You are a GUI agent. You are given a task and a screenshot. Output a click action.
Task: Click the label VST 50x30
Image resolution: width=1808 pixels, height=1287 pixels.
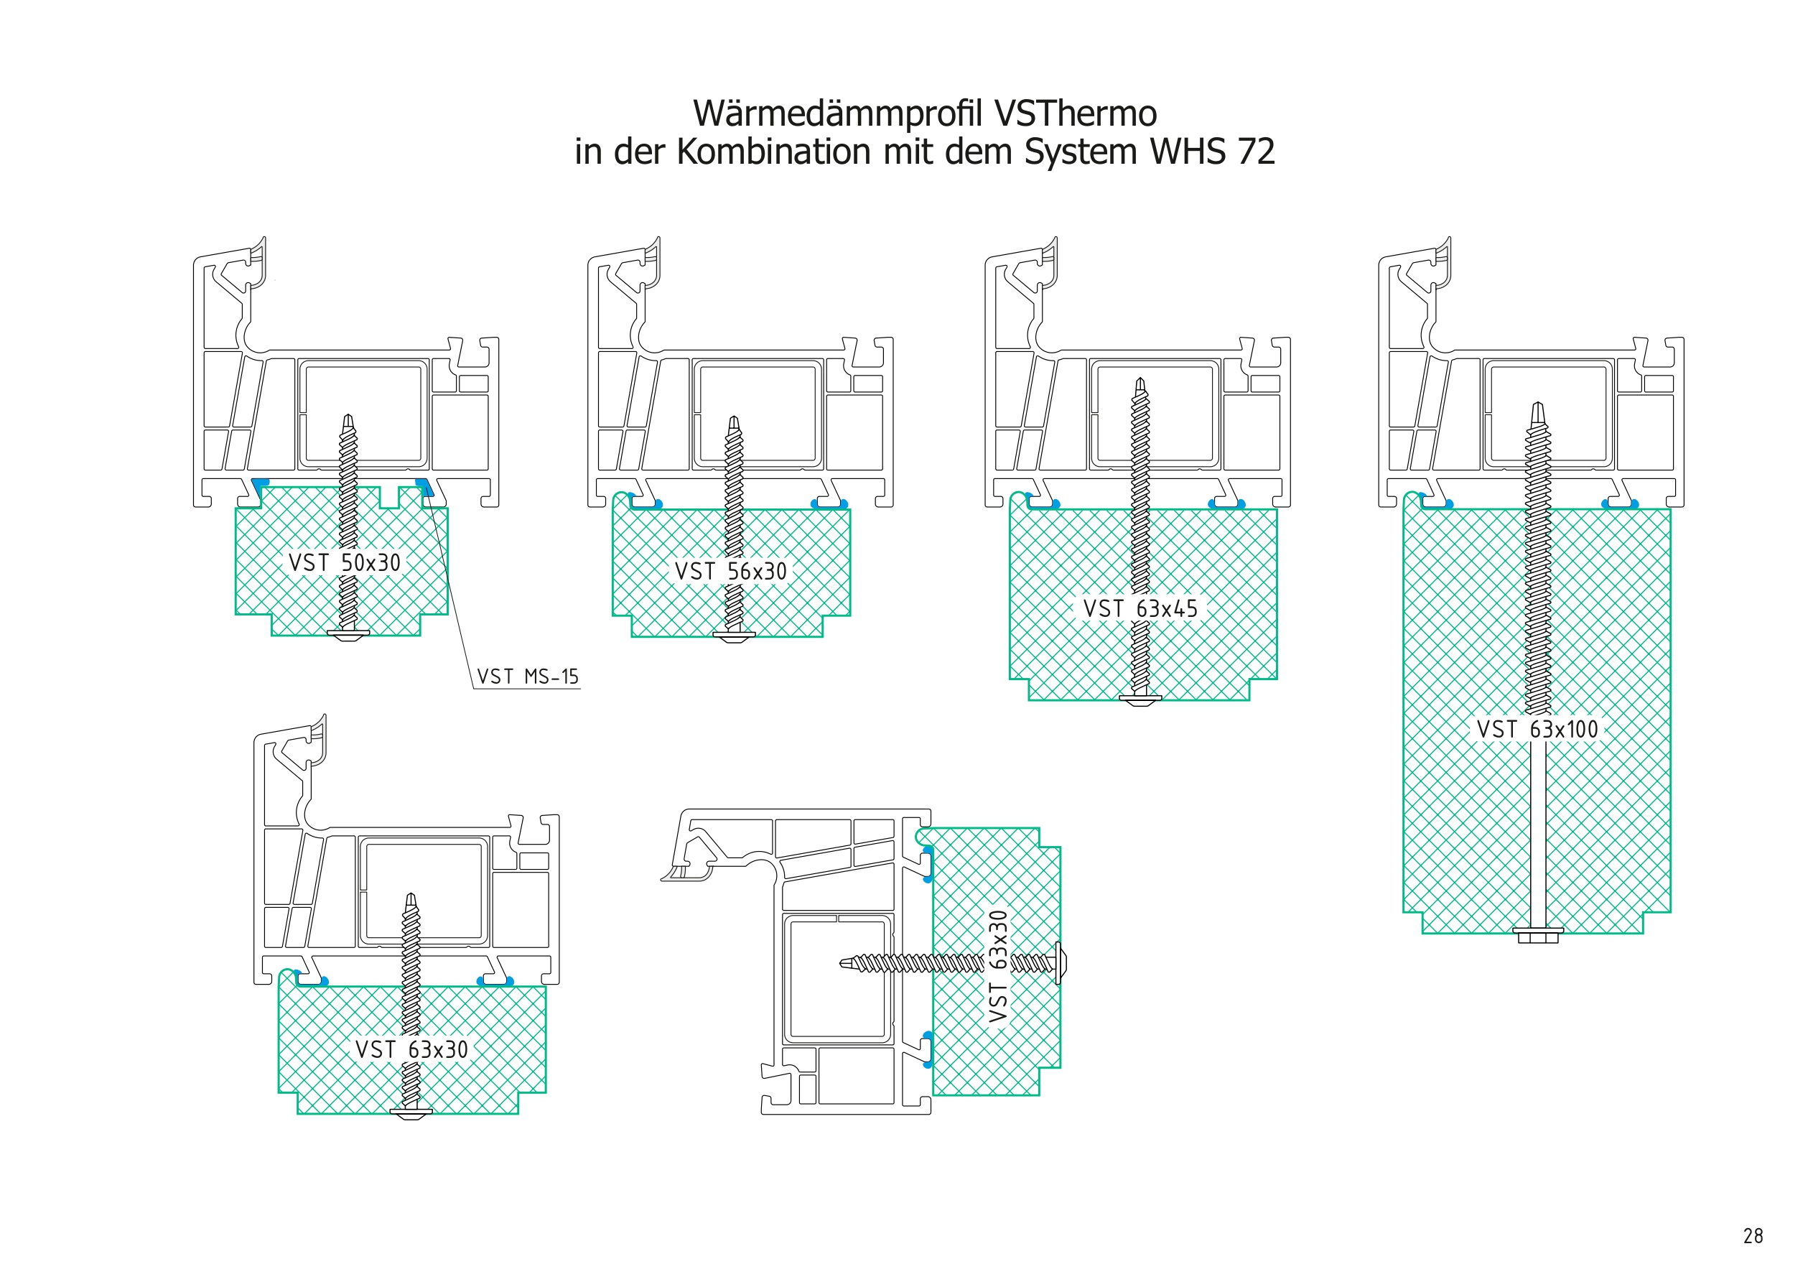tap(345, 562)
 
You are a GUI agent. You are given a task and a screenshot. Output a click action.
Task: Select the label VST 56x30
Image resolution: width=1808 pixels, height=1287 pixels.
tap(730, 572)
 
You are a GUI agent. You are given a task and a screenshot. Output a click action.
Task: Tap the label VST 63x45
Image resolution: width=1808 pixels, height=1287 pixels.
tap(1140, 608)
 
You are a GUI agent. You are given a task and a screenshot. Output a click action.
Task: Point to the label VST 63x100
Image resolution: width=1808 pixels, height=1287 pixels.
tap(1537, 729)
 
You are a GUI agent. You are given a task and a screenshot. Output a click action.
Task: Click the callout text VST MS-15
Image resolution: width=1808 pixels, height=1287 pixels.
tap(528, 677)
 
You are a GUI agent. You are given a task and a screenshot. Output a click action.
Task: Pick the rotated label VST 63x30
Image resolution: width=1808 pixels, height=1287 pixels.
tap(998, 966)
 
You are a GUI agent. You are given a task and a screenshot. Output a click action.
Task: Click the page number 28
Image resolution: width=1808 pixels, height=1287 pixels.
tap(1753, 1236)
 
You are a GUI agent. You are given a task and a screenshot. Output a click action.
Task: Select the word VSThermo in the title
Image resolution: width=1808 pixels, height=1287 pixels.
tap(1076, 113)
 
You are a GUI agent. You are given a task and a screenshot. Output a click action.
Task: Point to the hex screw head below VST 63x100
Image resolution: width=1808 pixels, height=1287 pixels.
tap(1537, 934)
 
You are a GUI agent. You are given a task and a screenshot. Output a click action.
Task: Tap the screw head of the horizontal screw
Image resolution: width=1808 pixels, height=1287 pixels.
tap(1060, 964)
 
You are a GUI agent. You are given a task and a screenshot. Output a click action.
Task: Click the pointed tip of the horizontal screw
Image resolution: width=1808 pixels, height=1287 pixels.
tap(841, 964)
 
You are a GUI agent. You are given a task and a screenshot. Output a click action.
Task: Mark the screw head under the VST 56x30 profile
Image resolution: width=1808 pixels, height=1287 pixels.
tap(734, 636)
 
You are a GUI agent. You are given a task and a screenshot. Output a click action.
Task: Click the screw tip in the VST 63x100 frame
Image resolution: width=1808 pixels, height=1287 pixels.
tap(1538, 404)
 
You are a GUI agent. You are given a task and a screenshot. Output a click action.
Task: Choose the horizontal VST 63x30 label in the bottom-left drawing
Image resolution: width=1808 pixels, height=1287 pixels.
tap(412, 1050)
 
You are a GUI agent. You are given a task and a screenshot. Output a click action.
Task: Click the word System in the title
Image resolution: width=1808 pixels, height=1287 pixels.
tap(1081, 152)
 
